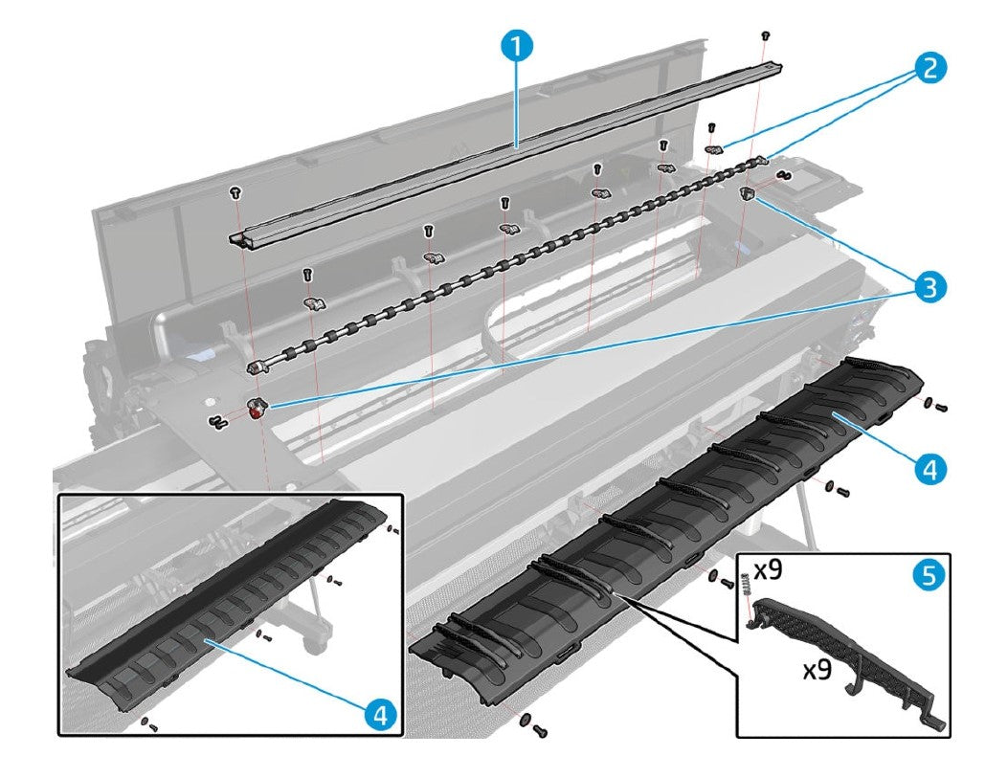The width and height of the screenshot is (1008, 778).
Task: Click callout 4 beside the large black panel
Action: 929,468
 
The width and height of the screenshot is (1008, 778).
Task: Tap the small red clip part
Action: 257,411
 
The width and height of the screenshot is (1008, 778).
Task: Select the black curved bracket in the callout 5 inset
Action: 842,660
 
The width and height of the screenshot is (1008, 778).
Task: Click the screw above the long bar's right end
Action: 765,35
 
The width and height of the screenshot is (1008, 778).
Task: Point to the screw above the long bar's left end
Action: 235,192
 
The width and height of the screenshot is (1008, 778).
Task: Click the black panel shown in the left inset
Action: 230,612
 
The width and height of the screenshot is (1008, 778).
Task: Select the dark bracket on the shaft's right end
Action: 749,194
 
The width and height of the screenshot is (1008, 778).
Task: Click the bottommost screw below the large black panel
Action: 538,731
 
